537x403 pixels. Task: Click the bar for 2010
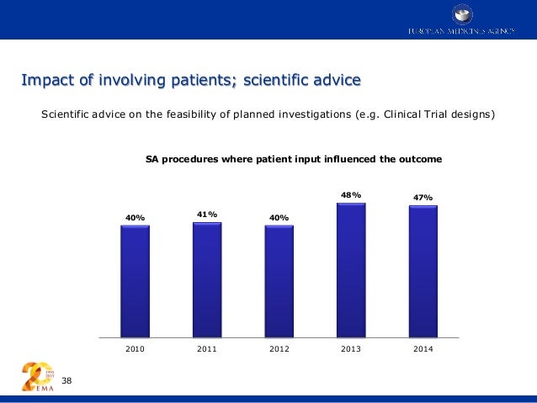coord(135,281)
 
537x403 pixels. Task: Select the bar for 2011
coord(207,279)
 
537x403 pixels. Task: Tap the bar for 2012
coord(279,281)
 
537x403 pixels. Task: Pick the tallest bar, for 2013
coord(350,270)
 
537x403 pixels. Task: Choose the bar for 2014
coord(423,272)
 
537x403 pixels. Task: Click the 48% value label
coord(351,195)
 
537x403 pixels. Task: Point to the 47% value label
coord(423,199)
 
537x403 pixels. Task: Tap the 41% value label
coord(207,215)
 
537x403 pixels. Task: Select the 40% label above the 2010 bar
coord(135,219)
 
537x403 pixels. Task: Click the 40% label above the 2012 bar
coord(279,219)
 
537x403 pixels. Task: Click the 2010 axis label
coord(135,350)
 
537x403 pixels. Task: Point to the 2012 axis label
coord(279,350)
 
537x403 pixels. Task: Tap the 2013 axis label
coord(351,350)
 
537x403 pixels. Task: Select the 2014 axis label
coord(423,350)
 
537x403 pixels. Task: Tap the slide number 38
coord(67,382)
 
